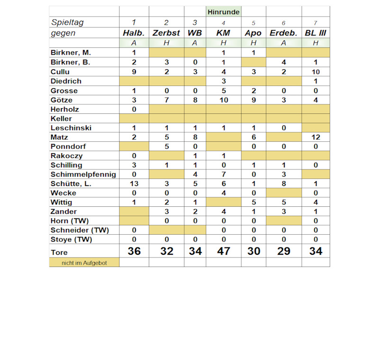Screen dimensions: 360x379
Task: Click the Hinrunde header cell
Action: pos(224,12)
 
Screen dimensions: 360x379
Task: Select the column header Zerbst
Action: pos(166,33)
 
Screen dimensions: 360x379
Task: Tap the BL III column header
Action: pos(316,33)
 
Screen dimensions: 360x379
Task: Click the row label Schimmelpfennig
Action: pos(83,175)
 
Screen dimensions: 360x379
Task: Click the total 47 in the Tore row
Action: pos(224,251)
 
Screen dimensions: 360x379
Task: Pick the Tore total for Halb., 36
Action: pos(134,251)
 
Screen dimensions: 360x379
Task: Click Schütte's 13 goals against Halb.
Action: pos(134,184)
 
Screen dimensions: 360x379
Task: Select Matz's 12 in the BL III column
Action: pos(316,137)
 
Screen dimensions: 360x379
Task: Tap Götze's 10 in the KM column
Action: pos(224,100)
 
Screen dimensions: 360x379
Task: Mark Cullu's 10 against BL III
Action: pos(316,72)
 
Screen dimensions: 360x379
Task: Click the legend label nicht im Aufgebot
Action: pos(84,263)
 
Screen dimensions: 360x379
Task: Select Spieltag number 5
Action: pos(253,22)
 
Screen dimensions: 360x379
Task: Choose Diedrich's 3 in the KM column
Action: pos(224,82)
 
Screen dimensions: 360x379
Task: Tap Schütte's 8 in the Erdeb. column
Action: pos(284,184)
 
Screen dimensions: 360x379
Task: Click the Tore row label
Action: pos(59,253)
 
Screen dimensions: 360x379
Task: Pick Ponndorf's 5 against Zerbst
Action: pos(166,147)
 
